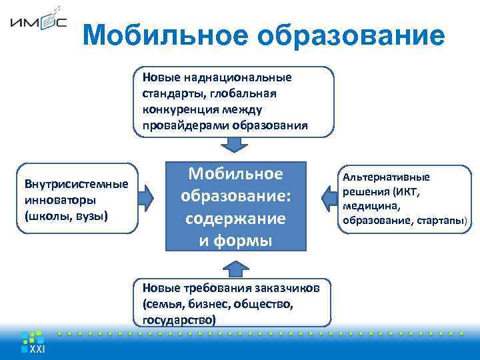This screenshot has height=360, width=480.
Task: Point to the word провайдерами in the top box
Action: pyautogui.click(x=181, y=126)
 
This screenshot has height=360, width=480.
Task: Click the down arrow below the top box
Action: pyautogui.click(x=234, y=146)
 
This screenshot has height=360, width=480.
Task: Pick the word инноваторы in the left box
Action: pyautogui.click(x=57, y=200)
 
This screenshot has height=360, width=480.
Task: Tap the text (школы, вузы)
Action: pyautogui.click(x=65, y=216)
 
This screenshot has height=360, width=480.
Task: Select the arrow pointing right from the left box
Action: pyautogui.click(x=149, y=197)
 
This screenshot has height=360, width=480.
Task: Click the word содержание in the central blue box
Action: pyautogui.click(x=235, y=219)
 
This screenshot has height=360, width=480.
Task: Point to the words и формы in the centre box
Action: pyautogui.click(x=235, y=240)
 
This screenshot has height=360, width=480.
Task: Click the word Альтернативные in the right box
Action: pyautogui.click(x=387, y=177)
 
